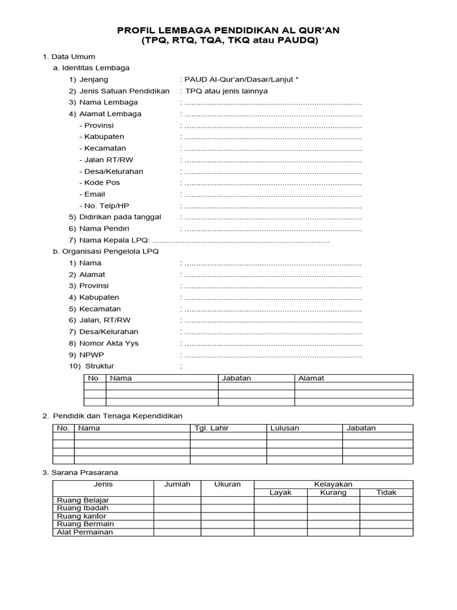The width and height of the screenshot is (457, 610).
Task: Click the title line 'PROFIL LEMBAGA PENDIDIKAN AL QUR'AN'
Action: pyautogui.click(x=229, y=30)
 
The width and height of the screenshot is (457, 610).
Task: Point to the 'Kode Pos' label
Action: pyautogui.click(x=102, y=183)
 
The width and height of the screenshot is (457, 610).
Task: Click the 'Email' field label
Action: pyautogui.click(x=95, y=194)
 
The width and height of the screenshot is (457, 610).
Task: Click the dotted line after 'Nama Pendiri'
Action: pyautogui.click(x=273, y=229)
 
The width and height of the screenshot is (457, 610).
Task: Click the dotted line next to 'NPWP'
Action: pyautogui.click(x=273, y=355)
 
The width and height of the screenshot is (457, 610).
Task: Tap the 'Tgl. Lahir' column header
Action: pyautogui.click(x=212, y=428)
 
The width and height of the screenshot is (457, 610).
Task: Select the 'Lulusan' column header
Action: pyautogui.click(x=284, y=428)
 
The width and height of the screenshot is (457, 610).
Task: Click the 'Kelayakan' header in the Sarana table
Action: pyautogui.click(x=333, y=484)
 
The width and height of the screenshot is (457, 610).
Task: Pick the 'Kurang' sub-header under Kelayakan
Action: pyautogui.click(x=333, y=493)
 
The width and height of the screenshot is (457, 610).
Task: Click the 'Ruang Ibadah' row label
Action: pyautogui.click(x=83, y=508)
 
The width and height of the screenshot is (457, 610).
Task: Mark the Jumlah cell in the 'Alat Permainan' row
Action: pyautogui.click(x=177, y=532)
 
